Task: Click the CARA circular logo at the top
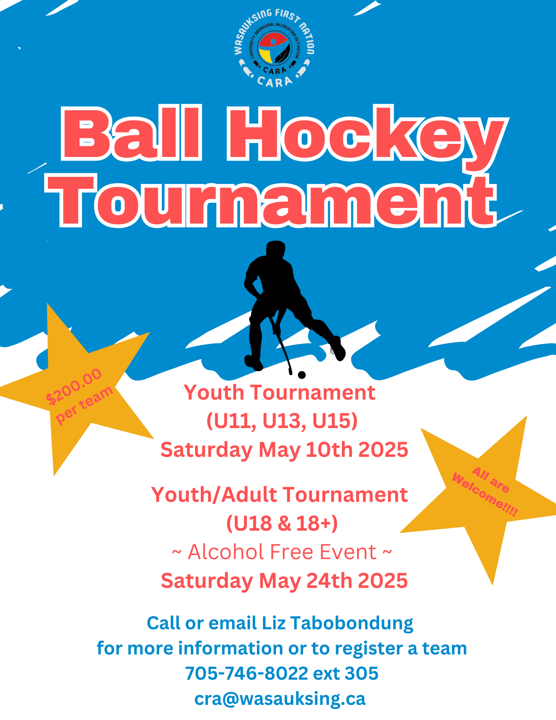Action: point(274,48)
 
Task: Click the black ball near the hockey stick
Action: point(302,375)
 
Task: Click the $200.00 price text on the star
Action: point(74,387)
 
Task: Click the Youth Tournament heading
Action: point(280,392)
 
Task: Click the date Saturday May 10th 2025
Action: point(284,450)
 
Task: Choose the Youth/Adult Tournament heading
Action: point(280,495)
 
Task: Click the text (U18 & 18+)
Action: point(282,523)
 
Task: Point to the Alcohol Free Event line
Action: point(282,552)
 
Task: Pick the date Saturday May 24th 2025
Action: point(284,581)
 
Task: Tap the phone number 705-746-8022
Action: point(247,673)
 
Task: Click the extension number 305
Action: point(362,673)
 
